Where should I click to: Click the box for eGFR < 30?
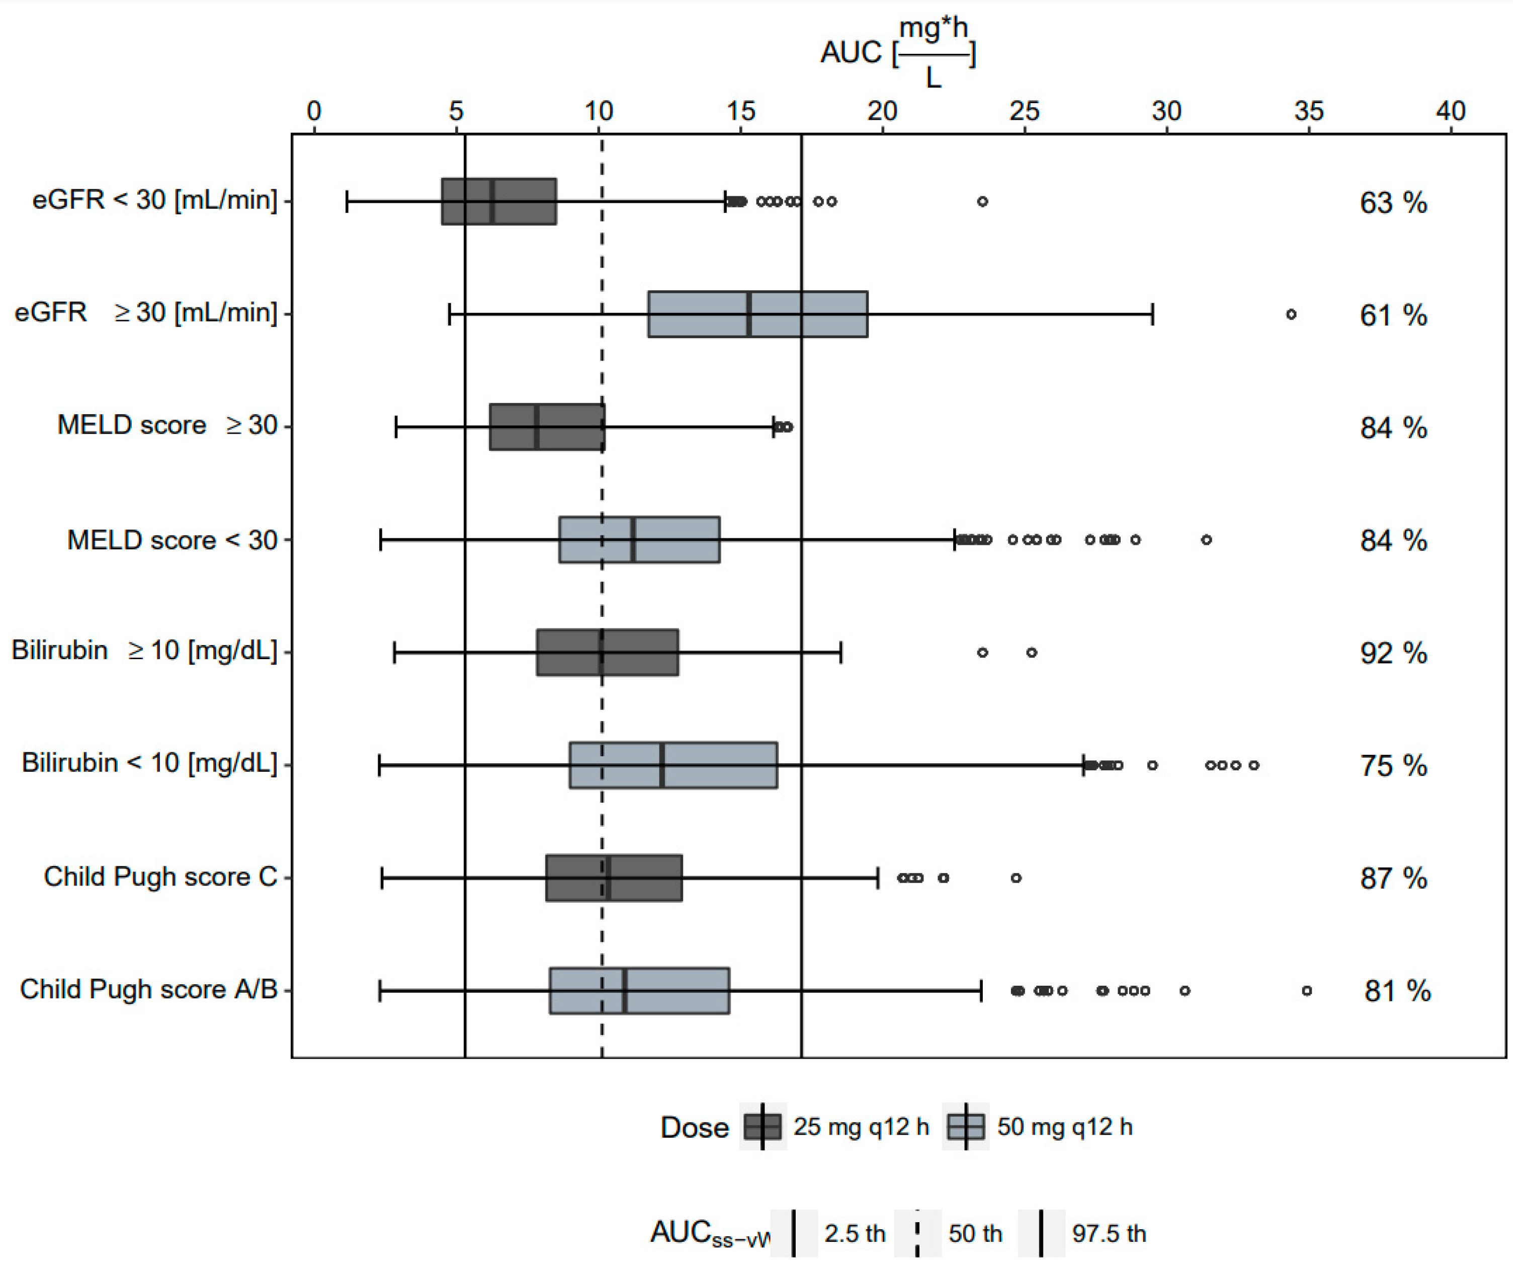499,201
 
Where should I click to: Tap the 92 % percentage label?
1393,653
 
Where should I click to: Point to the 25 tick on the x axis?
1024,111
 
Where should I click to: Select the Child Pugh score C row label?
160,877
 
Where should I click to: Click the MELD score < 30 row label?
172,540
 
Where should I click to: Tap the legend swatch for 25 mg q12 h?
763,1127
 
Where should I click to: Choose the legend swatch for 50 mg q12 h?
966,1127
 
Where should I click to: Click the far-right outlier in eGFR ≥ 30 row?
1291,314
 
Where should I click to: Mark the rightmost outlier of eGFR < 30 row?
982,201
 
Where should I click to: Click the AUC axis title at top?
897,52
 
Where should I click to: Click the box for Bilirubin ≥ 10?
607,652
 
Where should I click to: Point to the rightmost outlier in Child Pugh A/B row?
1306,990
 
